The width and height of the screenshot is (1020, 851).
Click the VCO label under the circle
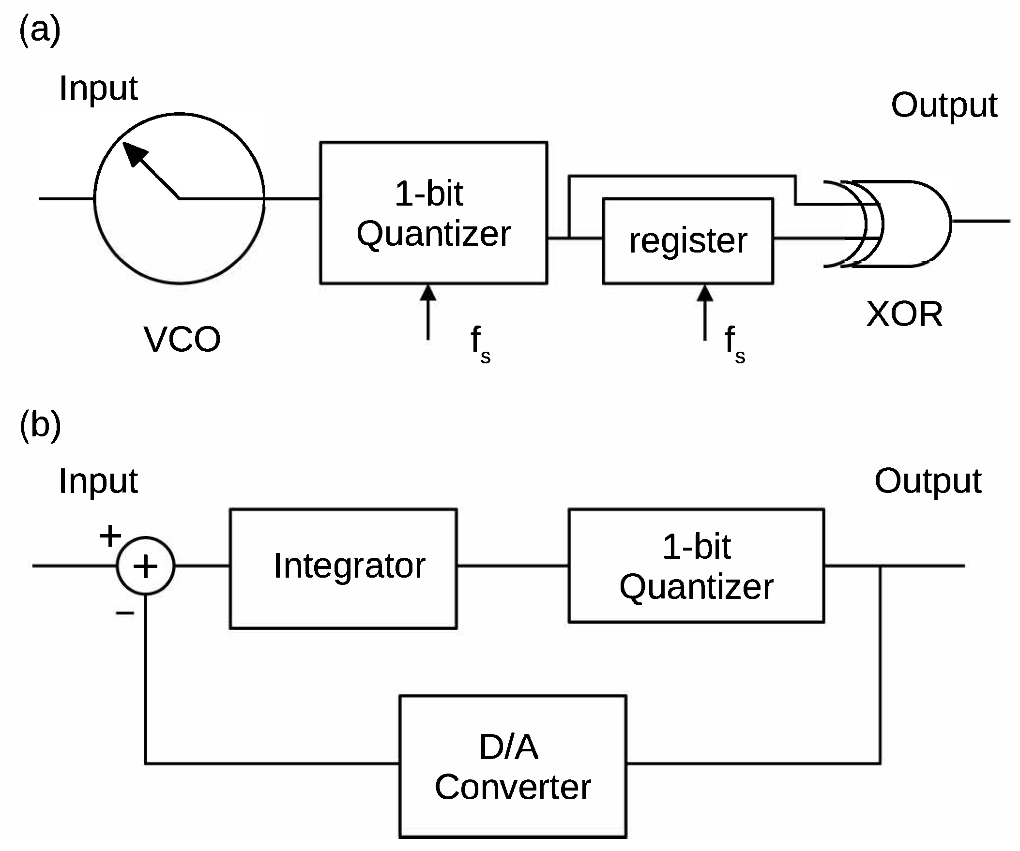tap(182, 339)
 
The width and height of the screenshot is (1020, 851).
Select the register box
tap(687, 241)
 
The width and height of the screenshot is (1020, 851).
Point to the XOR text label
tap(904, 314)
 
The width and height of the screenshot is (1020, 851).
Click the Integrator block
tap(343, 568)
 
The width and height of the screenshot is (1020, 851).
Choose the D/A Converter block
tap(513, 766)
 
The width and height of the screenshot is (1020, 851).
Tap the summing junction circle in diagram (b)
tap(145, 566)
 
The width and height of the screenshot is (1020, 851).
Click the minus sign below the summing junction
tap(124, 613)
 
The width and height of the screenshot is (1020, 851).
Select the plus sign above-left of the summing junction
tap(110, 536)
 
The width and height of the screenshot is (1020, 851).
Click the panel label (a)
tap(40, 30)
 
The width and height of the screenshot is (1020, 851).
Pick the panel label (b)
tap(40, 424)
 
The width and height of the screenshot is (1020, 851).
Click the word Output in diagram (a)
tap(944, 105)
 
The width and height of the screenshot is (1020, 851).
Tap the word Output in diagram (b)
tap(928, 481)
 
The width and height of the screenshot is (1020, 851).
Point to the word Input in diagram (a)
tap(98, 89)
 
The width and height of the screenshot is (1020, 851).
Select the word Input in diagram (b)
tap(98, 481)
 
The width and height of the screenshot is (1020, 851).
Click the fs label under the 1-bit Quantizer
tap(480, 343)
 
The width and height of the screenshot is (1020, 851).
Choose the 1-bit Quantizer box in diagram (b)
tap(696, 566)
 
